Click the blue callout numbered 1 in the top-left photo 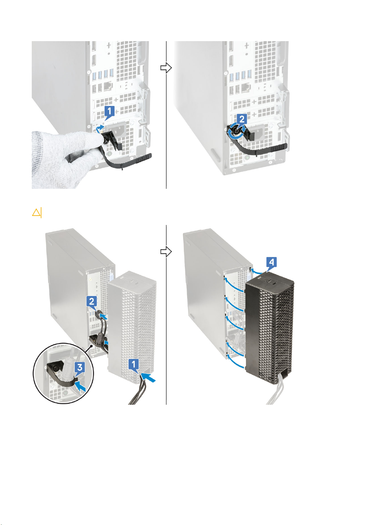coord(109,112)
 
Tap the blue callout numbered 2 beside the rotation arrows coord(242,120)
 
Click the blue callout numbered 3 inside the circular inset coord(80,367)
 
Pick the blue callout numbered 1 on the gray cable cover coord(134,365)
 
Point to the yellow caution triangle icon coord(36,212)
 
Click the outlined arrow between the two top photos coord(166,68)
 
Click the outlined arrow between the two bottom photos coord(166,251)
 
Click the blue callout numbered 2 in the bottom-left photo coord(92,302)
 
